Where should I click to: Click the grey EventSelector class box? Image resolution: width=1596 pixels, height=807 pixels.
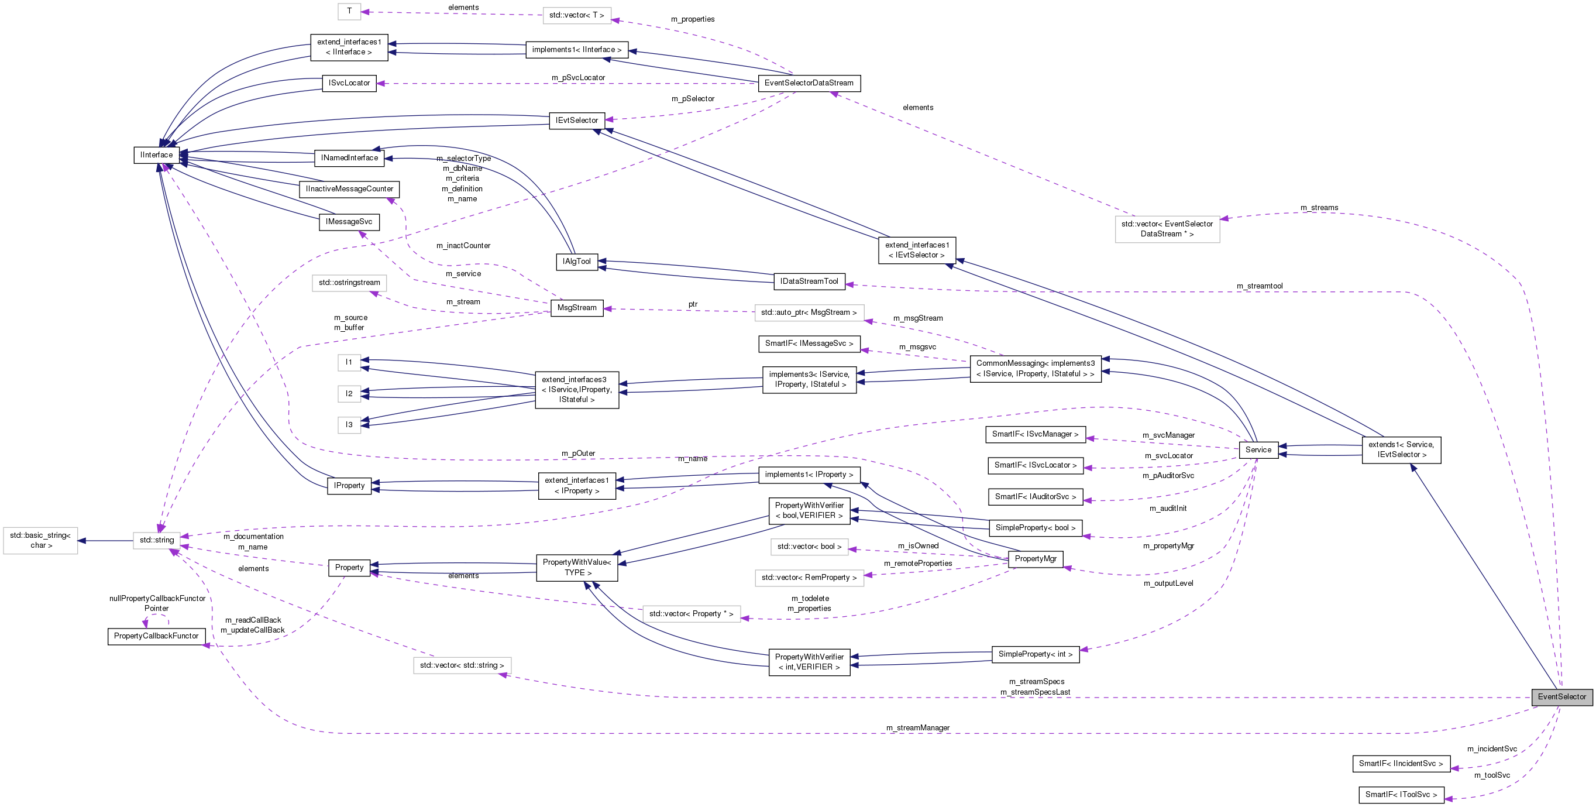1561,696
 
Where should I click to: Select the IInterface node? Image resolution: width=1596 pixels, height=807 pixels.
156,155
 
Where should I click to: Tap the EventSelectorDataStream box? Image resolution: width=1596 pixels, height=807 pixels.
809,83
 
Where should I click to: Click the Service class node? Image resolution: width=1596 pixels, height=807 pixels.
1258,450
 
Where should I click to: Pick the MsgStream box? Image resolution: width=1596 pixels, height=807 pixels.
576,308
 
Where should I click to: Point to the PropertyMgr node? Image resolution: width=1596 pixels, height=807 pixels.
1036,559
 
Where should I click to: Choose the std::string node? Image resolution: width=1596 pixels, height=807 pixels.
157,541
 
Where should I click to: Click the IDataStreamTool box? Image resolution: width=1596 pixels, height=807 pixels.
809,281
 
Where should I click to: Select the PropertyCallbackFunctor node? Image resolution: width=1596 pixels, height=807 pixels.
156,636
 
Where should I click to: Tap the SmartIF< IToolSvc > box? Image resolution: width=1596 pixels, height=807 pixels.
1401,795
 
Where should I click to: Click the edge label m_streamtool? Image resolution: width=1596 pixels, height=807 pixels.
1260,286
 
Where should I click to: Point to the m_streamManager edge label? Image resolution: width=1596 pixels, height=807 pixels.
917,727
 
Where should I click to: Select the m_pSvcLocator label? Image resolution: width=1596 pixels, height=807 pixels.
578,78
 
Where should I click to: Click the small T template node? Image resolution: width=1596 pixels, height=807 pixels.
349,11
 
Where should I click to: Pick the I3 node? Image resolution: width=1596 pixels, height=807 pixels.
349,425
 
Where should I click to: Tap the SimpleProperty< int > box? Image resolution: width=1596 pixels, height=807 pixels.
1036,654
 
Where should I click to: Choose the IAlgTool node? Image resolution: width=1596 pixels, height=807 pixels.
576,262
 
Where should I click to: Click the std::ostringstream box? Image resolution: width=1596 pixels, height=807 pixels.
349,283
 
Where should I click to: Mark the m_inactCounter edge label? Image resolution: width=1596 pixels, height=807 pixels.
463,246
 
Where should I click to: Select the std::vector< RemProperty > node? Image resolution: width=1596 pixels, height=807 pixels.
809,578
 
